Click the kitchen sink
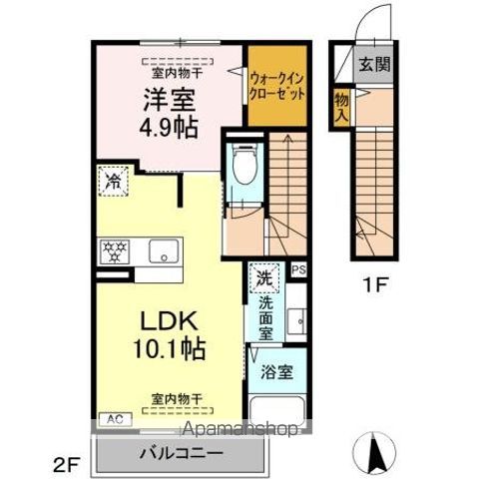[x=163, y=250]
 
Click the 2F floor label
[x=66, y=463]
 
